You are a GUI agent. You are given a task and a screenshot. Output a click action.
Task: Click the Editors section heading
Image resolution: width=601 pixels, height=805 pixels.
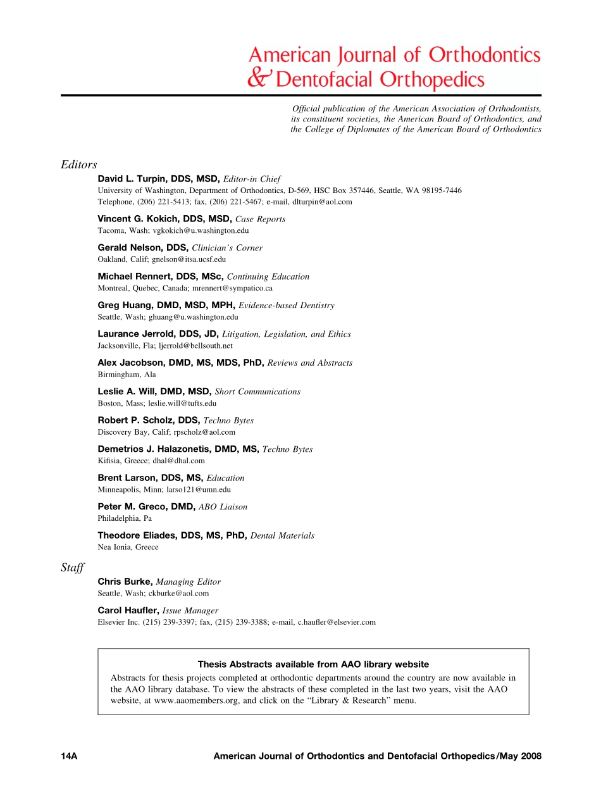(78, 165)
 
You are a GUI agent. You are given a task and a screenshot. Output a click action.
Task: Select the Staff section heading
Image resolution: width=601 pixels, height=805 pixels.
(72, 568)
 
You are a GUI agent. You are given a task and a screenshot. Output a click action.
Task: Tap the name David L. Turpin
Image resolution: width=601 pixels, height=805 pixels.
(133, 179)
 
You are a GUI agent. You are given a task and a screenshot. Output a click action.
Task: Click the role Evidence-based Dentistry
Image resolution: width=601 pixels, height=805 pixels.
(287, 305)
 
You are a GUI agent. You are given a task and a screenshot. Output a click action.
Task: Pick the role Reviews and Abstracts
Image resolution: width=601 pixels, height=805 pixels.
(310, 363)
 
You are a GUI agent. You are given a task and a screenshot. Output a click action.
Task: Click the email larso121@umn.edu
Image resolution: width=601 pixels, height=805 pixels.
(199, 490)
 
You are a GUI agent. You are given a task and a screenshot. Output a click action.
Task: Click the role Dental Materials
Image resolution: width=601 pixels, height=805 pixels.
(282, 535)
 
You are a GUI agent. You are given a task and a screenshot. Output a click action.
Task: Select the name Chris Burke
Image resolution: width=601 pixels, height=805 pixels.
(124, 582)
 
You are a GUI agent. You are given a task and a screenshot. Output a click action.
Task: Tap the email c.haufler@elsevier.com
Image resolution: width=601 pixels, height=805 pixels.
(337, 622)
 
